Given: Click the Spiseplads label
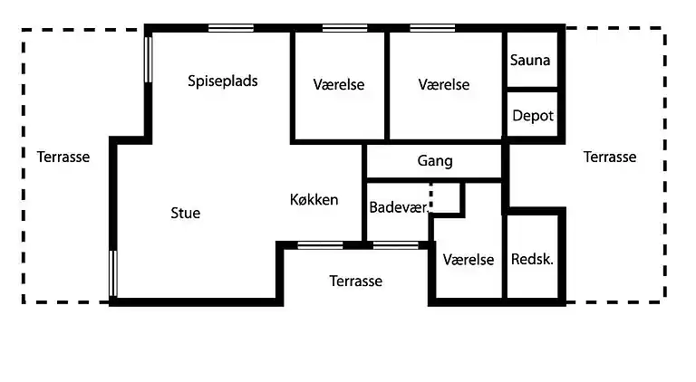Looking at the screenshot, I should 223,81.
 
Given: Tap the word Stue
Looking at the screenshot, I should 186,214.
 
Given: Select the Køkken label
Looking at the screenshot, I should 314,199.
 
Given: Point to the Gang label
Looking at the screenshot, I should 435,161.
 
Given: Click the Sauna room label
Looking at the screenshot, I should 531,61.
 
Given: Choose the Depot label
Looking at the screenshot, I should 533,116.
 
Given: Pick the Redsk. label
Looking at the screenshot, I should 533,259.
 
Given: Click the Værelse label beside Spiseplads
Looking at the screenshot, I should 339,84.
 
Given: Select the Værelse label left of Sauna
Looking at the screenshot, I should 444,84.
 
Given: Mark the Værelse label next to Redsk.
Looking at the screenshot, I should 469,259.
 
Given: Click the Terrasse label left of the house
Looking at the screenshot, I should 63,157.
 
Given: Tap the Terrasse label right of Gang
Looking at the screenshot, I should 610,157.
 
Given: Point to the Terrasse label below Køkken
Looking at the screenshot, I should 355,281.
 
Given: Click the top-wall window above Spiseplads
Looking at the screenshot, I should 230,28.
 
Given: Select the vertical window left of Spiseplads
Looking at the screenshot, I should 148,59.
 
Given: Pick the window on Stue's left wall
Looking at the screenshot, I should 113,274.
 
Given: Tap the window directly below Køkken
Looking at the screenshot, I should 321,244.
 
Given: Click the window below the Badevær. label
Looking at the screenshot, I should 396,244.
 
